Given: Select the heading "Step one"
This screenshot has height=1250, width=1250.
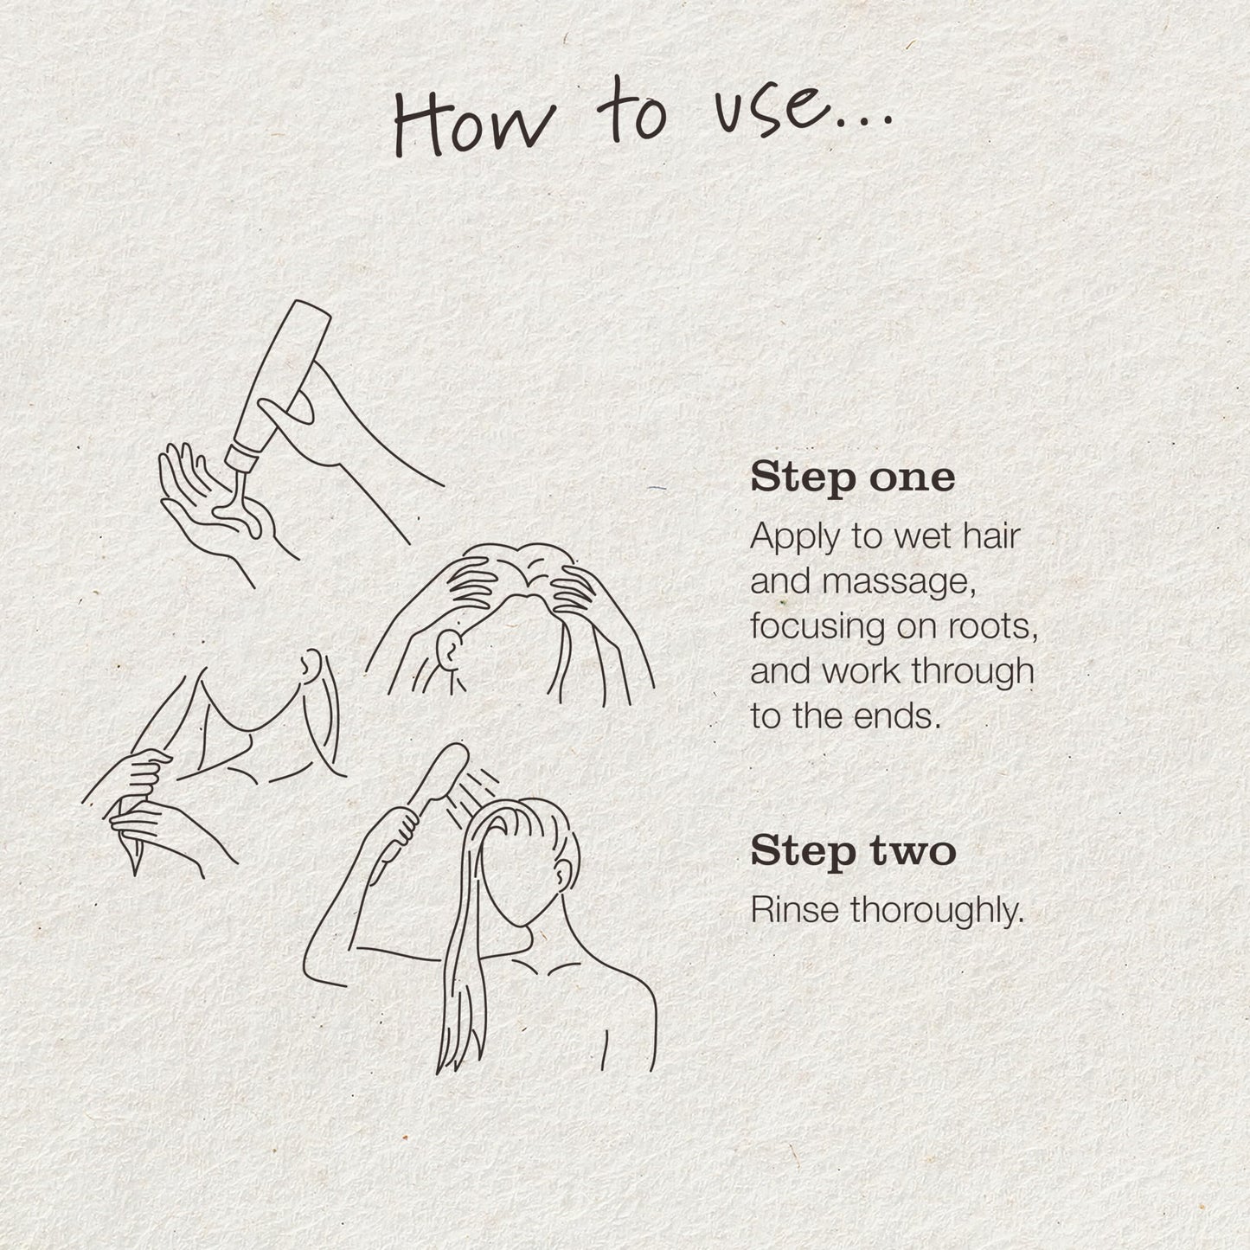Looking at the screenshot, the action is [852, 479].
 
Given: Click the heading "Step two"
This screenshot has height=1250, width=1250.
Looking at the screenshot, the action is [853, 852].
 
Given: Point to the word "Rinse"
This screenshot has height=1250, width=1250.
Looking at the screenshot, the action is [795, 910].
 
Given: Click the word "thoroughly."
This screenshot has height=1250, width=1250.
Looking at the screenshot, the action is [937, 912].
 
